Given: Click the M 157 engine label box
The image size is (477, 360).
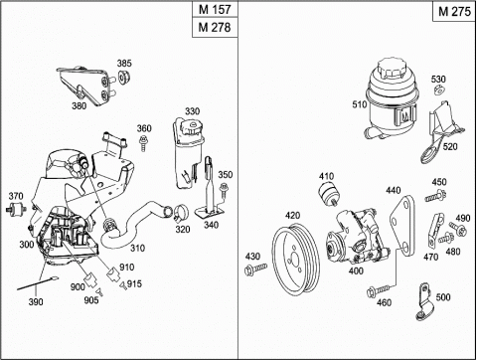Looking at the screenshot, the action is coord(215,10).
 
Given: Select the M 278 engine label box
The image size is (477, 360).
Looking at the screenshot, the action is coord(215,27).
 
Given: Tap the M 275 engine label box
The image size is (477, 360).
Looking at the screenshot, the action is coord(454,11).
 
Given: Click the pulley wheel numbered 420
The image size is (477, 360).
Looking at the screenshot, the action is coord(295,261).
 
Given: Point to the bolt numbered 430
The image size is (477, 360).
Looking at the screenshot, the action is coord(255,269).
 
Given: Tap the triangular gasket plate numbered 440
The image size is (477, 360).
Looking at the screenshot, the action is coord(403,226).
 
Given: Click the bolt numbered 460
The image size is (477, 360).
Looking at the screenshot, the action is coord(379,290).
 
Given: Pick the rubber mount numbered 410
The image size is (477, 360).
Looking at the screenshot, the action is coord(328,195).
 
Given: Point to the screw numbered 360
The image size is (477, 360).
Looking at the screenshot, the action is coord(143,143).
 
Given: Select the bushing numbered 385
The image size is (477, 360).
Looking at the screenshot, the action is coord(124,78).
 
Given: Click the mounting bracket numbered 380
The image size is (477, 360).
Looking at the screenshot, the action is coord(87,87).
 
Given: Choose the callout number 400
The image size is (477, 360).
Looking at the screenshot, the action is coord(356,270).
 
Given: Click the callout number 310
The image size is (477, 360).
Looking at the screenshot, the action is coord(137,248).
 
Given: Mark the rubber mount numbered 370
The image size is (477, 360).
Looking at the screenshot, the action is coord(16,209).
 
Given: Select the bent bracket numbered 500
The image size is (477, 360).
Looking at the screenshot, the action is coord(424,302).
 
